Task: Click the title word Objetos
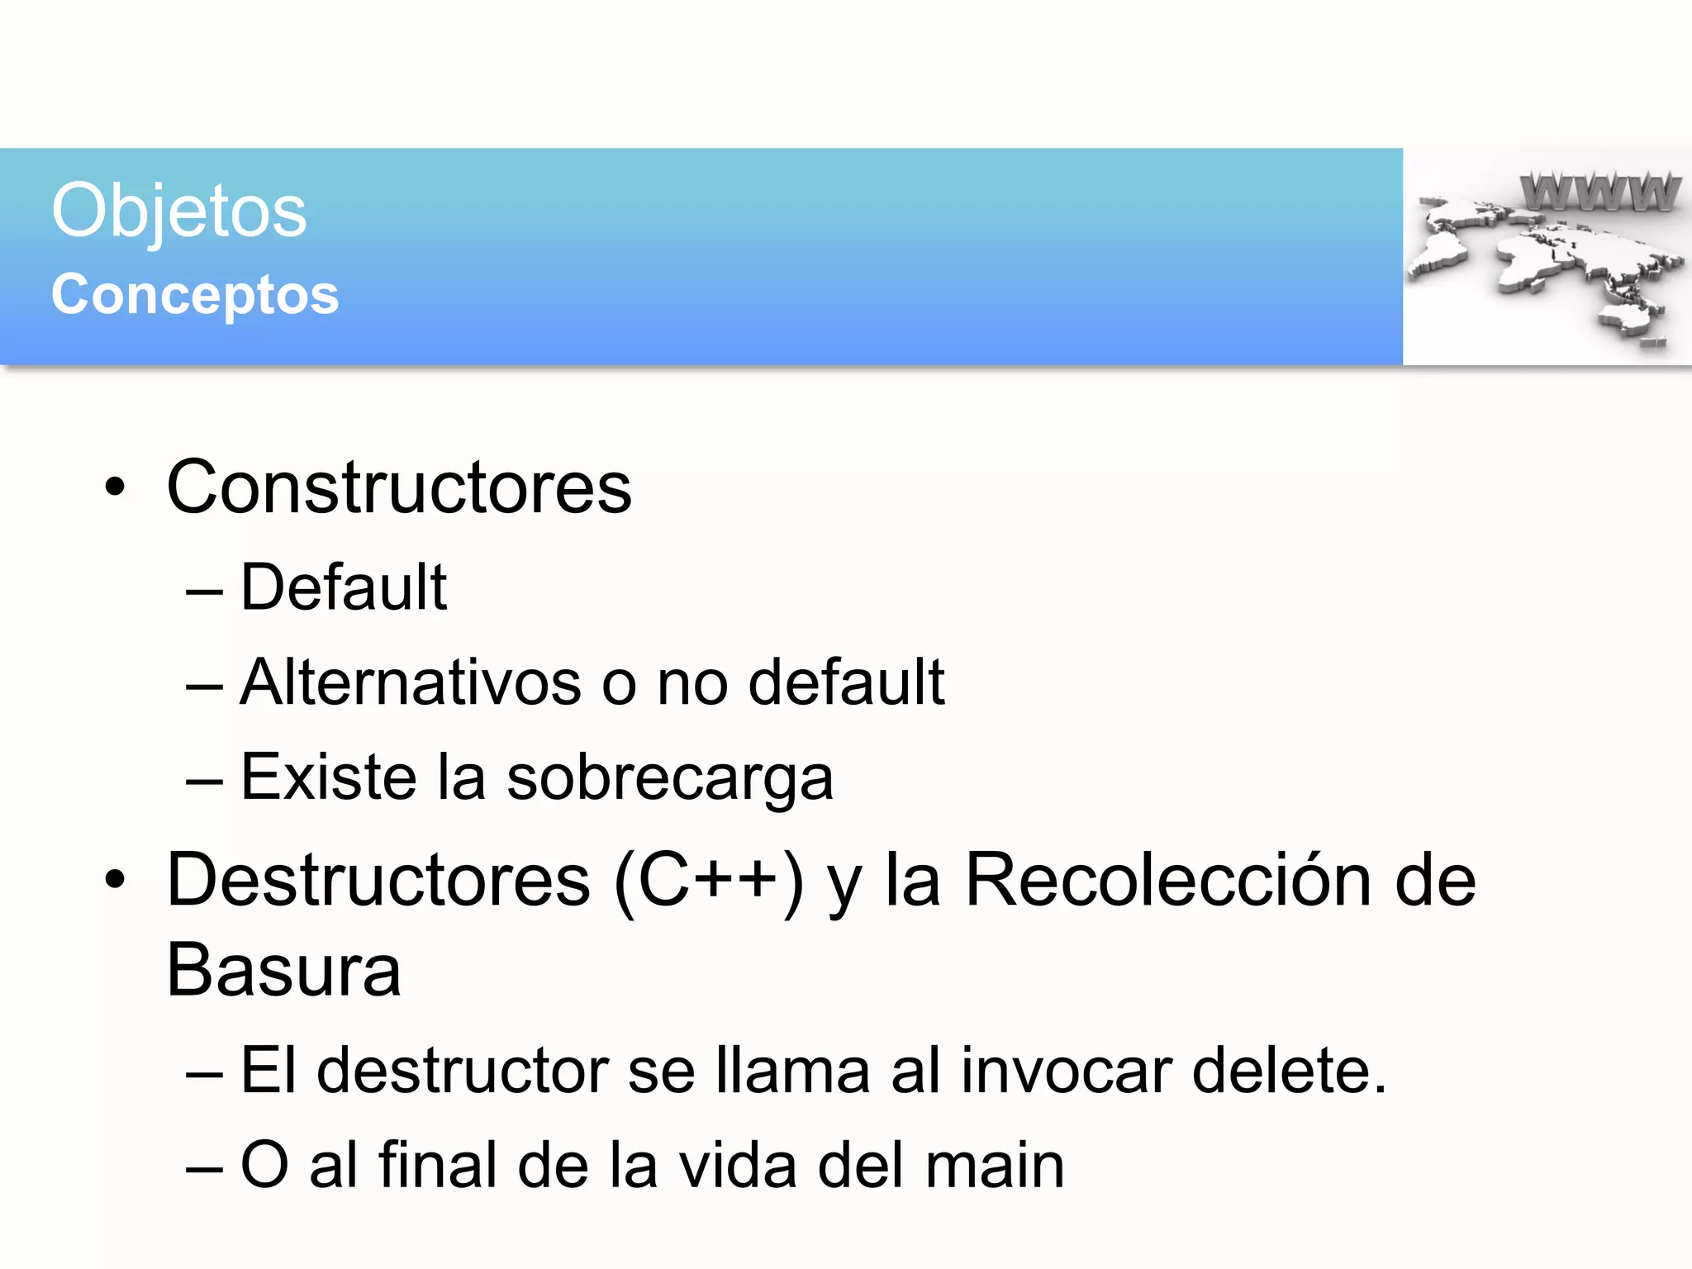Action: click(x=178, y=211)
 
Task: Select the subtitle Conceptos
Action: click(x=195, y=295)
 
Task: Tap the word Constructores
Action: click(x=399, y=487)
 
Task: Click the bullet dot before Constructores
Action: click(x=116, y=487)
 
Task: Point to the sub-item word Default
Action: click(x=344, y=587)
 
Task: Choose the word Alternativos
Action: click(x=411, y=682)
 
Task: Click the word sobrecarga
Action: click(x=670, y=778)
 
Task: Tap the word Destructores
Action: click(x=378, y=881)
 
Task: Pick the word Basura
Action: click(x=283, y=971)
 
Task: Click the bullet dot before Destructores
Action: click(x=116, y=881)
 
